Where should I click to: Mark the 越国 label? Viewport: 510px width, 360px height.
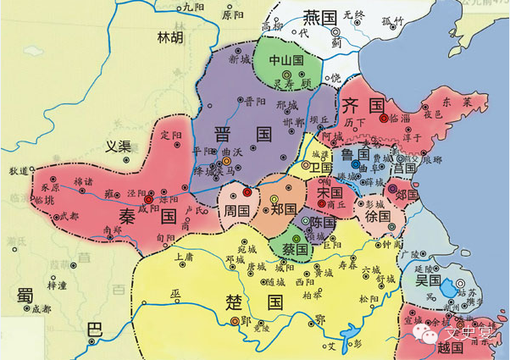click(427, 347)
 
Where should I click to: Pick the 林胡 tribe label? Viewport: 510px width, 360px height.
click(169, 38)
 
